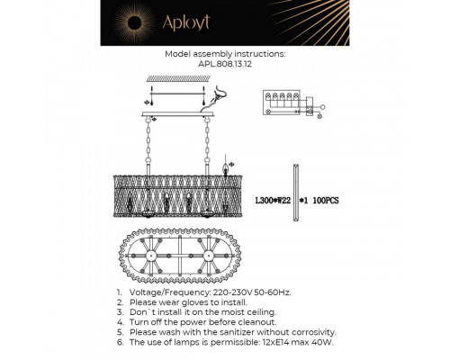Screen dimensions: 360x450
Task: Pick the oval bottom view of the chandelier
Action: click(x=175, y=260)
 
